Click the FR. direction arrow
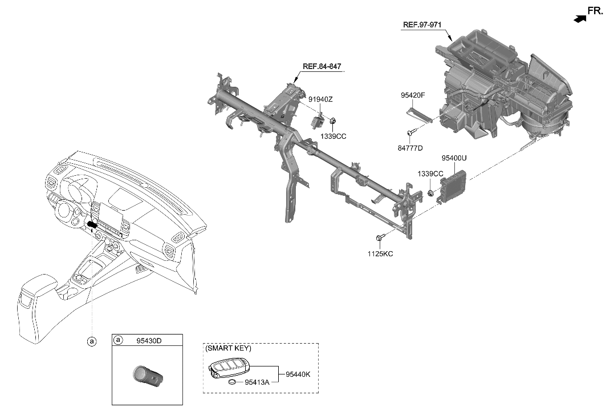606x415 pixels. coord(580,18)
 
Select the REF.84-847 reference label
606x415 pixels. coord(322,67)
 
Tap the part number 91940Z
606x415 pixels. coord(320,99)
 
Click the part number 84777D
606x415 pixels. coord(410,148)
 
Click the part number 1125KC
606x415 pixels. coord(381,253)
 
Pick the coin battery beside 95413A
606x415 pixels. coord(231,382)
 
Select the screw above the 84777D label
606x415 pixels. coord(410,133)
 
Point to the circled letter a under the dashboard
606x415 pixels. coord(91,341)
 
